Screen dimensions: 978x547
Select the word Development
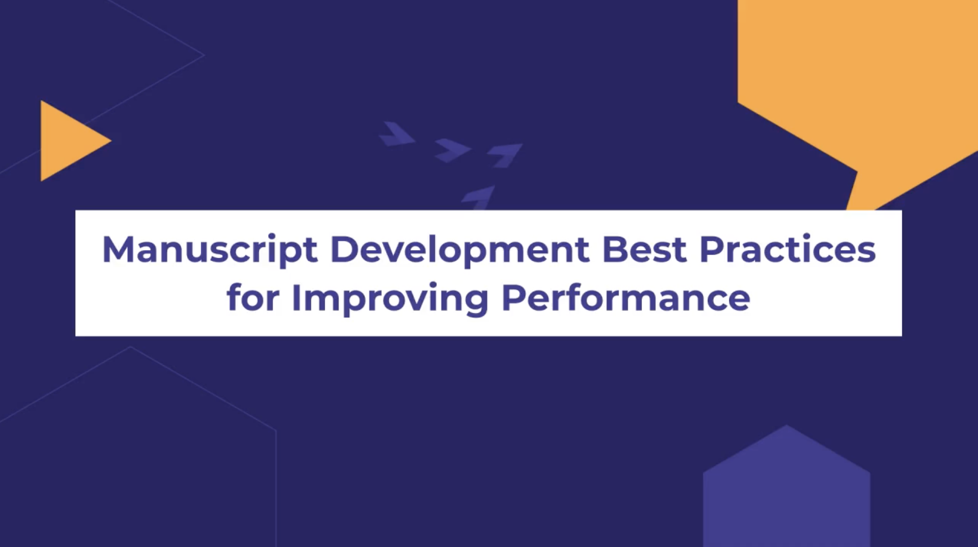pos(460,250)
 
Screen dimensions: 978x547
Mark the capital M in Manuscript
pos(118,249)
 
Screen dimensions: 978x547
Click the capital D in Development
pos(344,249)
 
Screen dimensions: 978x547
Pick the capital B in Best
pos(615,249)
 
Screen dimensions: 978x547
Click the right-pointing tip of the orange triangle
pos(111,141)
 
